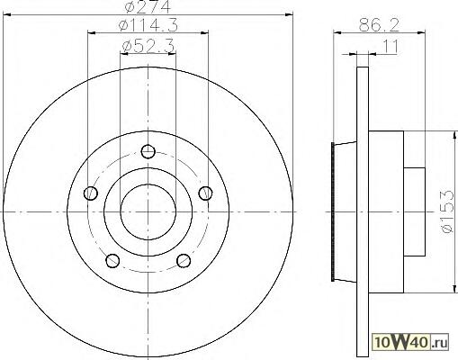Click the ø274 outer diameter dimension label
[x=148, y=6]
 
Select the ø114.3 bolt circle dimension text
[x=148, y=25]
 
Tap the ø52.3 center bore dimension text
[x=148, y=47]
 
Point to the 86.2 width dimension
[x=380, y=25]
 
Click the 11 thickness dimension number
[x=390, y=47]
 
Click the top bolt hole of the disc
[x=148, y=151]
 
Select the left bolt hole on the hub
[x=91, y=193]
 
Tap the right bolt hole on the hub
[x=205, y=193]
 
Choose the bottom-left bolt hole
[x=112, y=260]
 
